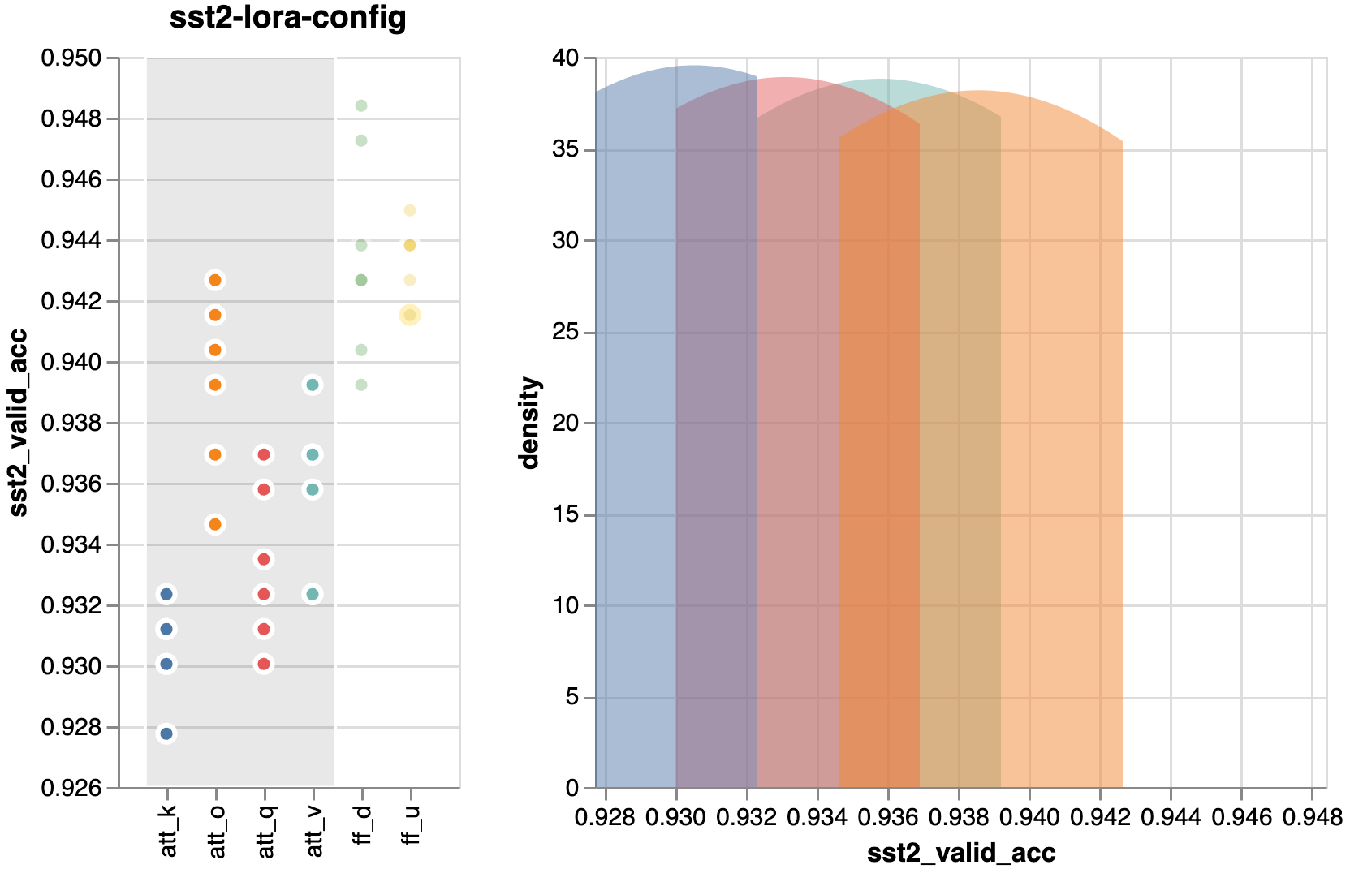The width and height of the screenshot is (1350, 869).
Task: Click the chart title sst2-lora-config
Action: pos(287,18)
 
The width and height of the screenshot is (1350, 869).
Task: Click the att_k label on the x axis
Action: pos(168,832)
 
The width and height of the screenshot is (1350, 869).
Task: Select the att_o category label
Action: pos(217,832)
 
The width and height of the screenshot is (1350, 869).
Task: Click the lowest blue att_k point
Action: pos(166,733)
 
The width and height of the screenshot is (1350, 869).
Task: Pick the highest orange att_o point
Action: pos(215,280)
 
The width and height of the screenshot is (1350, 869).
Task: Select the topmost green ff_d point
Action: pos(361,105)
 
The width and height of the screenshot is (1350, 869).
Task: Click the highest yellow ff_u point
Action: pos(410,210)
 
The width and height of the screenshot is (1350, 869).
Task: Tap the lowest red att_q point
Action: pos(264,664)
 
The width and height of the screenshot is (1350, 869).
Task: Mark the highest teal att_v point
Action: pos(313,385)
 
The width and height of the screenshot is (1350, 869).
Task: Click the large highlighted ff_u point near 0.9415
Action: pos(410,315)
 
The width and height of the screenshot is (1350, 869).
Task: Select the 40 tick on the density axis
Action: pos(565,58)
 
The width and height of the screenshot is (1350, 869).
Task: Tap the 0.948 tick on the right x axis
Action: pos(1312,818)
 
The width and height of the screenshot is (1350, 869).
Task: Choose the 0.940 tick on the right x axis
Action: pos(1029,818)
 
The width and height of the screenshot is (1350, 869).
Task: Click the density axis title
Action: pos(530,423)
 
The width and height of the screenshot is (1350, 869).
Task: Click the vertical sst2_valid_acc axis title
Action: pos(18,423)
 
